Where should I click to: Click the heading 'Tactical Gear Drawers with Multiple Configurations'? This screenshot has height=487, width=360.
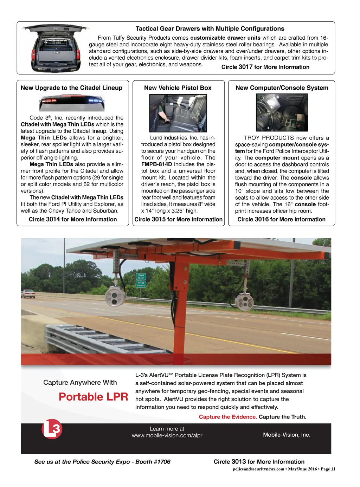[x=210, y=29]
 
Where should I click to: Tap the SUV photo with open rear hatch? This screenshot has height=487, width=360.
[x=54, y=48]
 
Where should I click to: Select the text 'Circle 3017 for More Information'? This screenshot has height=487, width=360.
[x=265, y=67]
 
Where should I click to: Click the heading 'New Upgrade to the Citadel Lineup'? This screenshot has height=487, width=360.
[x=71, y=88]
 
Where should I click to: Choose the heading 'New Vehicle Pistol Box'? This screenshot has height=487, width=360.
[x=178, y=88]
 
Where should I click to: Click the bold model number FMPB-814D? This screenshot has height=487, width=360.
[x=156, y=164]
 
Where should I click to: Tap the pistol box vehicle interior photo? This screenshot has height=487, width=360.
[x=178, y=113]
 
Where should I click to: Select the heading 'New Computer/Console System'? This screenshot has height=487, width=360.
[x=282, y=88]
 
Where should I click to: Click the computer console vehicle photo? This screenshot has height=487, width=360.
[x=282, y=112]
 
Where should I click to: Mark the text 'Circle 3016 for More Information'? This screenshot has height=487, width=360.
[x=281, y=219]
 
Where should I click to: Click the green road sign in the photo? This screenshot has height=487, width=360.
[x=141, y=280]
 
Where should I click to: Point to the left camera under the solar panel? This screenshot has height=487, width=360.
[x=115, y=296]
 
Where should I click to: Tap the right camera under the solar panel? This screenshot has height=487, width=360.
[x=244, y=301]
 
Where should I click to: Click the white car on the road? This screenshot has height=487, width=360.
[x=28, y=293]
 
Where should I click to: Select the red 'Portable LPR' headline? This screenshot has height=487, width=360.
[x=93, y=397]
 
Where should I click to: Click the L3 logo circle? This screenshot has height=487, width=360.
[x=52, y=429]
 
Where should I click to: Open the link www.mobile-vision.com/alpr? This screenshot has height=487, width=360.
[x=167, y=435]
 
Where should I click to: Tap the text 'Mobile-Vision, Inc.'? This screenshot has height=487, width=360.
[x=287, y=435]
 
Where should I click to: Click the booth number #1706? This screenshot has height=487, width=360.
[x=162, y=462]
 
